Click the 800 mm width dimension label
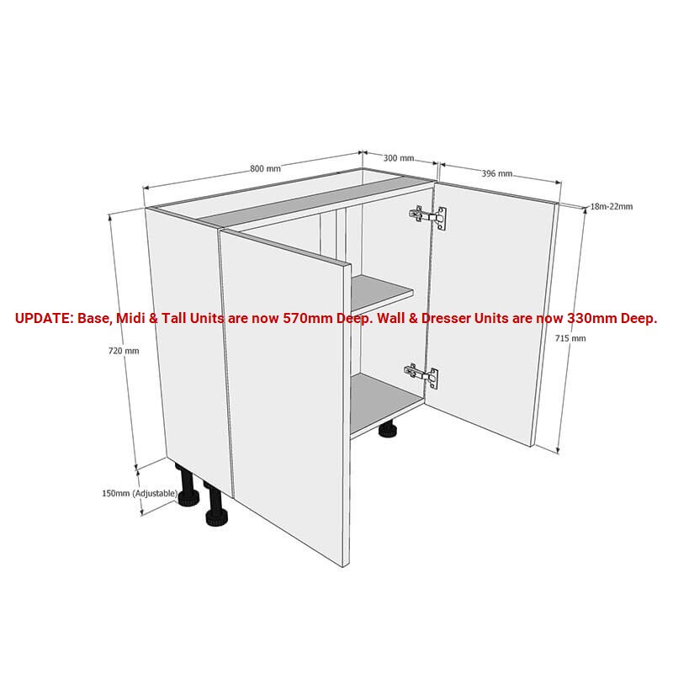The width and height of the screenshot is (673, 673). tap(265, 169)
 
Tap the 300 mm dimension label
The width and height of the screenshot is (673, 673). tap(399, 158)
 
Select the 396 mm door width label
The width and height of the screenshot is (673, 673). tap(497, 173)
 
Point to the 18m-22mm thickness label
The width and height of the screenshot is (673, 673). tap(612, 206)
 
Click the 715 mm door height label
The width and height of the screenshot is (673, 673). tap(570, 338)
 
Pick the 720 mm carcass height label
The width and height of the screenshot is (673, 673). tap(124, 351)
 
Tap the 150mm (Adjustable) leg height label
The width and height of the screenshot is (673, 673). tap(140, 494)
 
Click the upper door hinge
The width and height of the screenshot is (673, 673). tap(428, 217)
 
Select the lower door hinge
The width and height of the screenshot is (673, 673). tap(421, 375)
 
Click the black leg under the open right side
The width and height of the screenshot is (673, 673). tap(388, 429)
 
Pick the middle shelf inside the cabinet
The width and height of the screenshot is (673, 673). tap(382, 292)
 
